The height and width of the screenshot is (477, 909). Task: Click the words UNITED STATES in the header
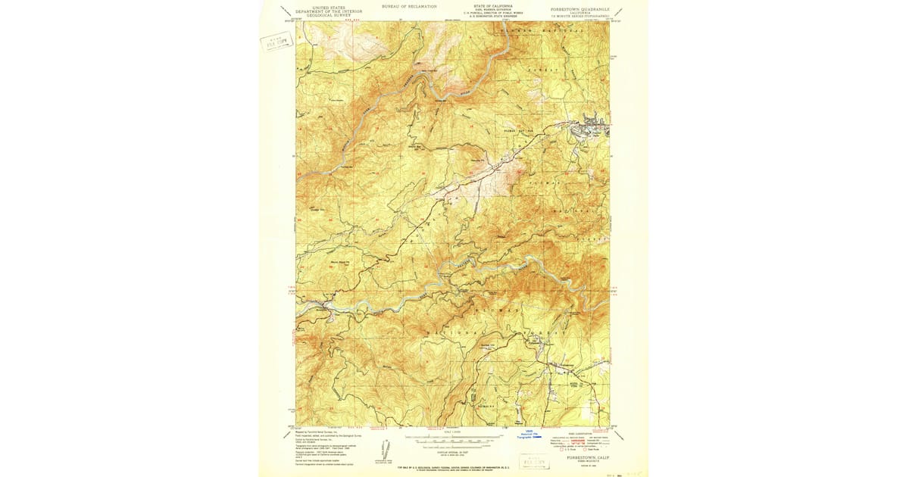click(x=324, y=7)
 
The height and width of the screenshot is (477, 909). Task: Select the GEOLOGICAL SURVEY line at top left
click(x=324, y=16)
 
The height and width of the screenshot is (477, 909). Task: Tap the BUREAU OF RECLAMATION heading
click(x=411, y=6)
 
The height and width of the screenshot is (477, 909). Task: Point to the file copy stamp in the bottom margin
click(x=535, y=460)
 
